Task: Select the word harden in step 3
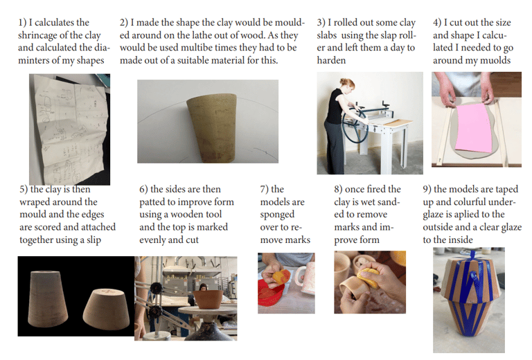click(x=331, y=60)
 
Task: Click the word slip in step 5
click(x=94, y=240)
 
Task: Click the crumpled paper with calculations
click(x=69, y=129)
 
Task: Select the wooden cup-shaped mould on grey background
click(x=213, y=127)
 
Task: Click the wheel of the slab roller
click(x=355, y=126)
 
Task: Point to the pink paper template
click(x=474, y=127)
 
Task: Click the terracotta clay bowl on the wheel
click(x=208, y=298)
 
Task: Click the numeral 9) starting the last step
click(x=427, y=189)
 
